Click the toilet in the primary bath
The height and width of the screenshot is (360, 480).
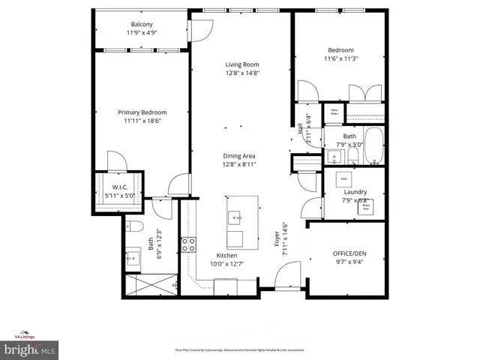point(136,226)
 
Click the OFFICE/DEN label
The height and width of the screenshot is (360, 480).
point(350,253)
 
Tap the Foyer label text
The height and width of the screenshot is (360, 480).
point(277,244)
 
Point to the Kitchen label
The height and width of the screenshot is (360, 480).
point(227,255)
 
